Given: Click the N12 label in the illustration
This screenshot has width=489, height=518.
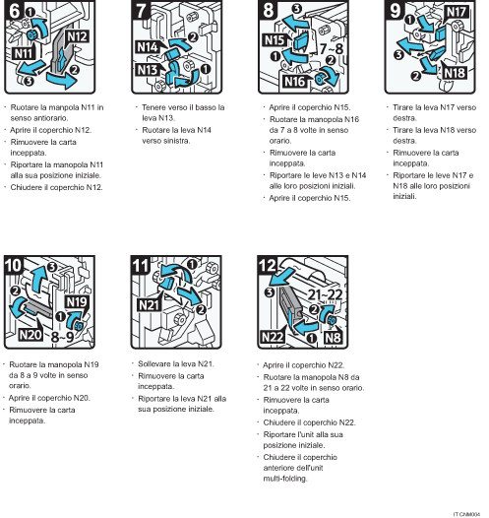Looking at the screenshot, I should [78, 37].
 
